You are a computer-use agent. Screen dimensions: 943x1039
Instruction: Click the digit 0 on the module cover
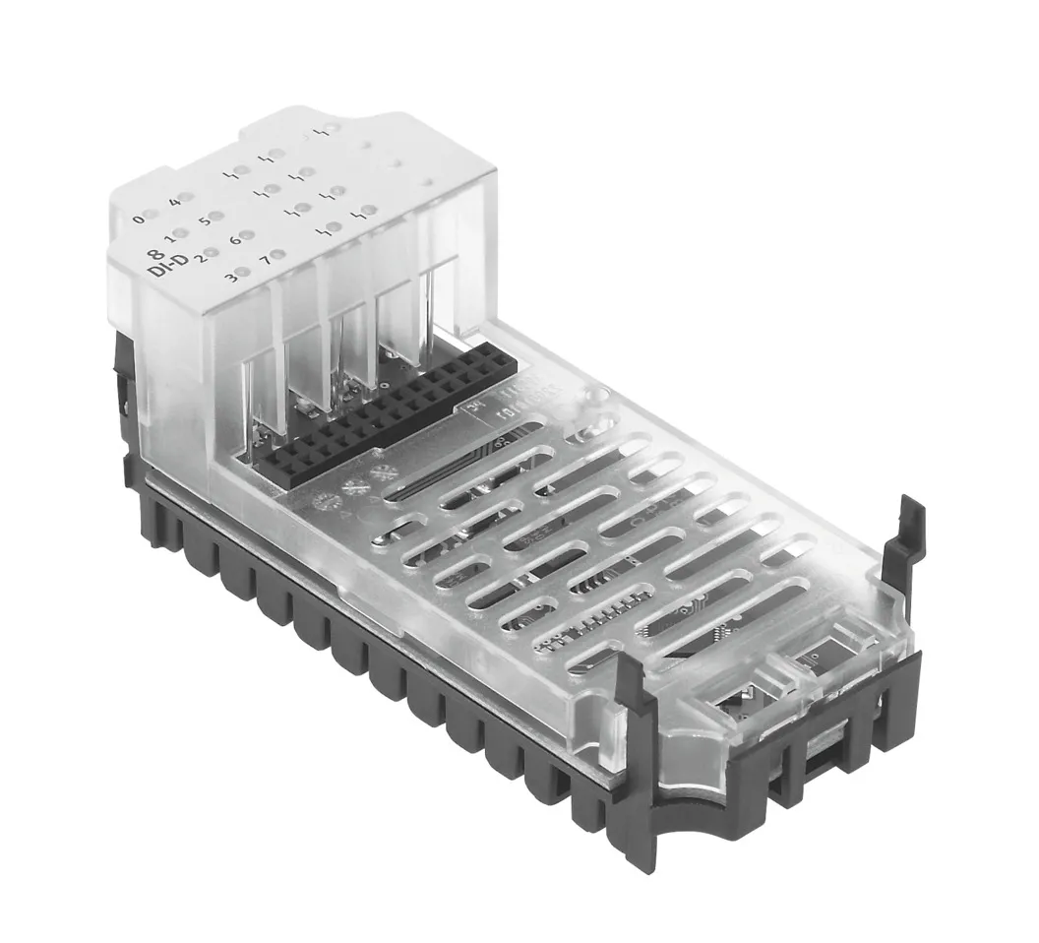(x=138, y=219)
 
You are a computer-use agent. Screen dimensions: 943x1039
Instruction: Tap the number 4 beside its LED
(x=174, y=202)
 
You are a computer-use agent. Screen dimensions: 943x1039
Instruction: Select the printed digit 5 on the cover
(x=205, y=220)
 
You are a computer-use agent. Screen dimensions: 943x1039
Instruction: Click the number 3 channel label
(x=231, y=277)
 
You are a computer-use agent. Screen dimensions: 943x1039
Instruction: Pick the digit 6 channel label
(x=234, y=239)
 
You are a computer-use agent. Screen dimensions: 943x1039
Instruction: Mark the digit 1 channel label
(x=168, y=237)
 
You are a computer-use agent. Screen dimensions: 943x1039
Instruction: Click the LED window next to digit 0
(x=151, y=215)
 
